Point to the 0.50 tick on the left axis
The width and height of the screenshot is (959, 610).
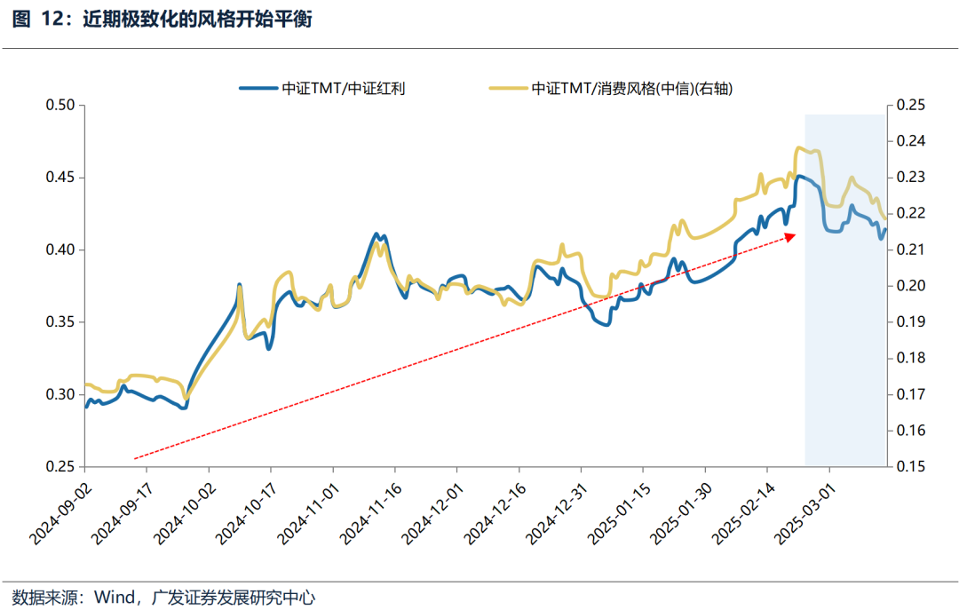(x=60, y=106)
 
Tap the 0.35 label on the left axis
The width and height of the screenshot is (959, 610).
(x=60, y=322)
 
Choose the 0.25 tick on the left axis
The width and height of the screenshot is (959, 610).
(x=60, y=466)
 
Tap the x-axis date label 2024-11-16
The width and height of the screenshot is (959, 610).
(x=370, y=511)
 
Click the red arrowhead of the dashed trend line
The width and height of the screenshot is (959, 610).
(x=792, y=235)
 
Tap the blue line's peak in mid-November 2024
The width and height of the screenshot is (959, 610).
(x=376, y=234)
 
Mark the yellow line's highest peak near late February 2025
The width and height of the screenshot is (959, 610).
(x=800, y=147)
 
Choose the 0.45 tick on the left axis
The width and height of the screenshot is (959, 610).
(x=60, y=178)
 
